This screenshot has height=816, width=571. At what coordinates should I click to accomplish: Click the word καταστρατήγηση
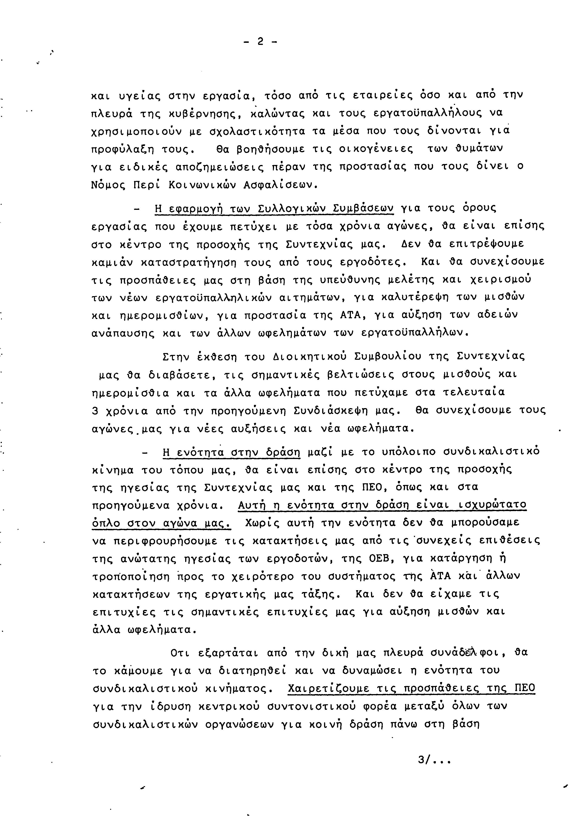(x=189, y=263)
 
